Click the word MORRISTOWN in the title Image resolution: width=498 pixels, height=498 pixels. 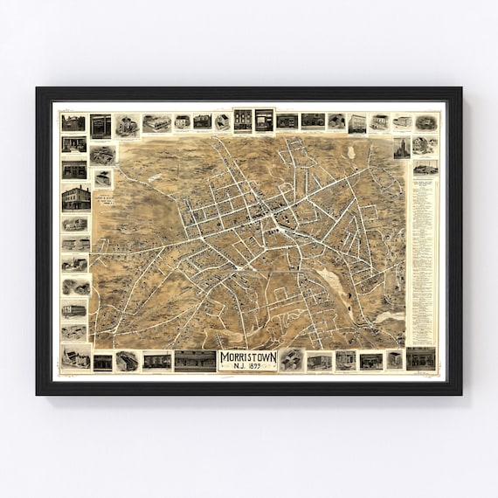point(248,356)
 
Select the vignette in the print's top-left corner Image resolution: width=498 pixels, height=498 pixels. point(73,122)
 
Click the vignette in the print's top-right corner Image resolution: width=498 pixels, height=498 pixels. point(425,122)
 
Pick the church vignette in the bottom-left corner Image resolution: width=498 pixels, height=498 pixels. point(75,357)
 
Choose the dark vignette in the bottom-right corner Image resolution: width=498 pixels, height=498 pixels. point(420,358)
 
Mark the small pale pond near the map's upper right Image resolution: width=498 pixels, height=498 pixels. point(350,152)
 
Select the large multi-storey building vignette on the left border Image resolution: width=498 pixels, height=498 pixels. point(75,198)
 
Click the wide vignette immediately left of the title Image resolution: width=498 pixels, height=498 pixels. point(194,360)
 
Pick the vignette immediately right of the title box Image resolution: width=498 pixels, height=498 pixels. point(291,360)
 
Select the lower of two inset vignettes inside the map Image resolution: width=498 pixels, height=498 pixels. point(103,178)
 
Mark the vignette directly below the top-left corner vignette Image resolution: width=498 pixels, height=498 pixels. point(73,145)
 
